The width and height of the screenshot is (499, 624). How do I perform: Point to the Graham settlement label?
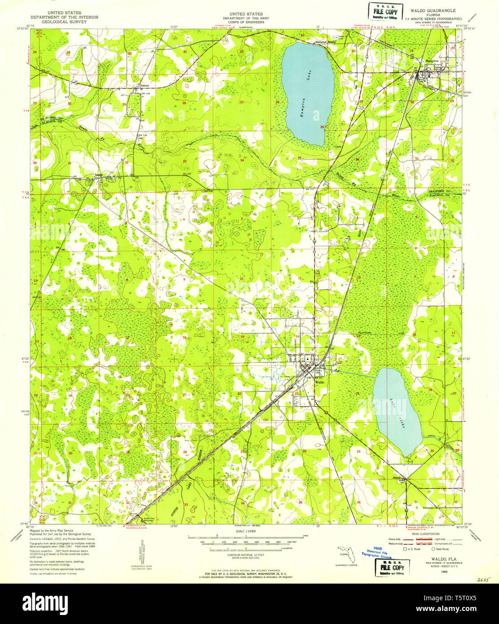click(x=144, y=84)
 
